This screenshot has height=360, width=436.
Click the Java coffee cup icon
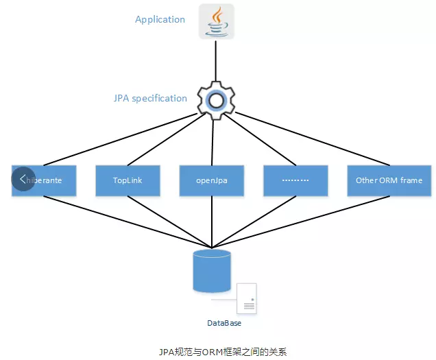tap(216, 21)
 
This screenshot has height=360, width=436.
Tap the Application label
tap(160, 19)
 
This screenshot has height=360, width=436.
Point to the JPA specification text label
tap(150, 98)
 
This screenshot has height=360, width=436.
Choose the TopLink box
tap(128, 180)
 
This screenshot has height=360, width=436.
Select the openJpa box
tap(212, 180)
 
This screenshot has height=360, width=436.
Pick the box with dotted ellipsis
tap(296, 180)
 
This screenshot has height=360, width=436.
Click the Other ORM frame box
tap(389, 180)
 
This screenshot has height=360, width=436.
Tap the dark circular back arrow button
tap(23, 179)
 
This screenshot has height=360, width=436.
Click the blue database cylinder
tap(212, 272)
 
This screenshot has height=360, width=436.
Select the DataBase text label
tap(224, 322)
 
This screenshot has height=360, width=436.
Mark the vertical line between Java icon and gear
tap(216, 62)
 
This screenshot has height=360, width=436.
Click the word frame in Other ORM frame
tap(411, 180)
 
